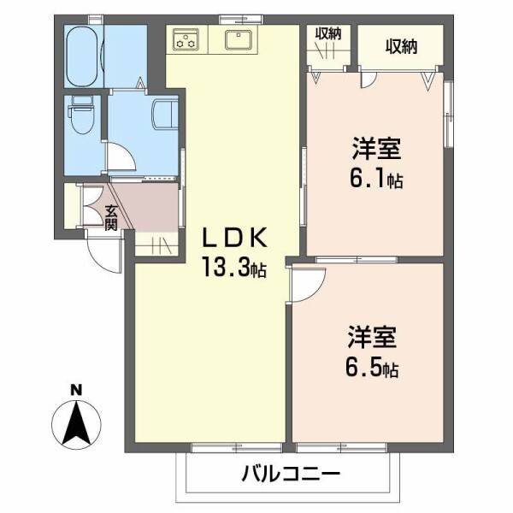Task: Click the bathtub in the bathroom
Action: (84, 56)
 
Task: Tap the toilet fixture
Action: (82, 117)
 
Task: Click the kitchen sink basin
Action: (236, 38)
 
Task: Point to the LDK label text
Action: (235, 237)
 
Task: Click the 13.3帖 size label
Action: (234, 268)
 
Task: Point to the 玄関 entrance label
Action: (111, 218)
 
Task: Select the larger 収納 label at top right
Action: (400, 47)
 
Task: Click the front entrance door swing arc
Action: (103, 253)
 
